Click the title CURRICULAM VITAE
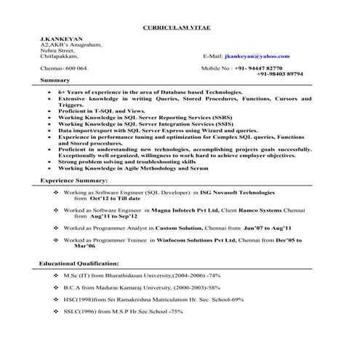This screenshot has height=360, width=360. [180, 27]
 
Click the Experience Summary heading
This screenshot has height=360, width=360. [74, 180]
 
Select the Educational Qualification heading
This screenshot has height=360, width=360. [79, 262]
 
